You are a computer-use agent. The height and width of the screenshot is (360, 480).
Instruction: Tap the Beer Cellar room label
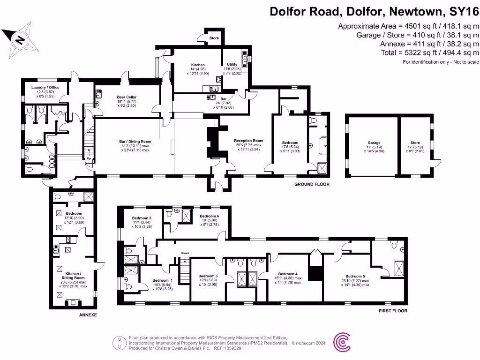click(127, 97)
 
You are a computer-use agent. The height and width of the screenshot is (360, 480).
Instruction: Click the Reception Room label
click(248, 141)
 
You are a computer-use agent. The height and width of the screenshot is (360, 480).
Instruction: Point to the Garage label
click(374, 142)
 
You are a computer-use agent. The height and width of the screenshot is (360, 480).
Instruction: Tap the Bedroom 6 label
click(209, 216)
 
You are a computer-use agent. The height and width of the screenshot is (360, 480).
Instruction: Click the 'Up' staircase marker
click(88, 158)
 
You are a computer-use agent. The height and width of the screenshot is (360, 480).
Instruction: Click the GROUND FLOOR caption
click(312, 184)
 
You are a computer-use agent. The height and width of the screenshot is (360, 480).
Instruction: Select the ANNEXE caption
click(88, 315)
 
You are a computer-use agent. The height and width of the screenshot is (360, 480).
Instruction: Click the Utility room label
click(232, 64)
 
